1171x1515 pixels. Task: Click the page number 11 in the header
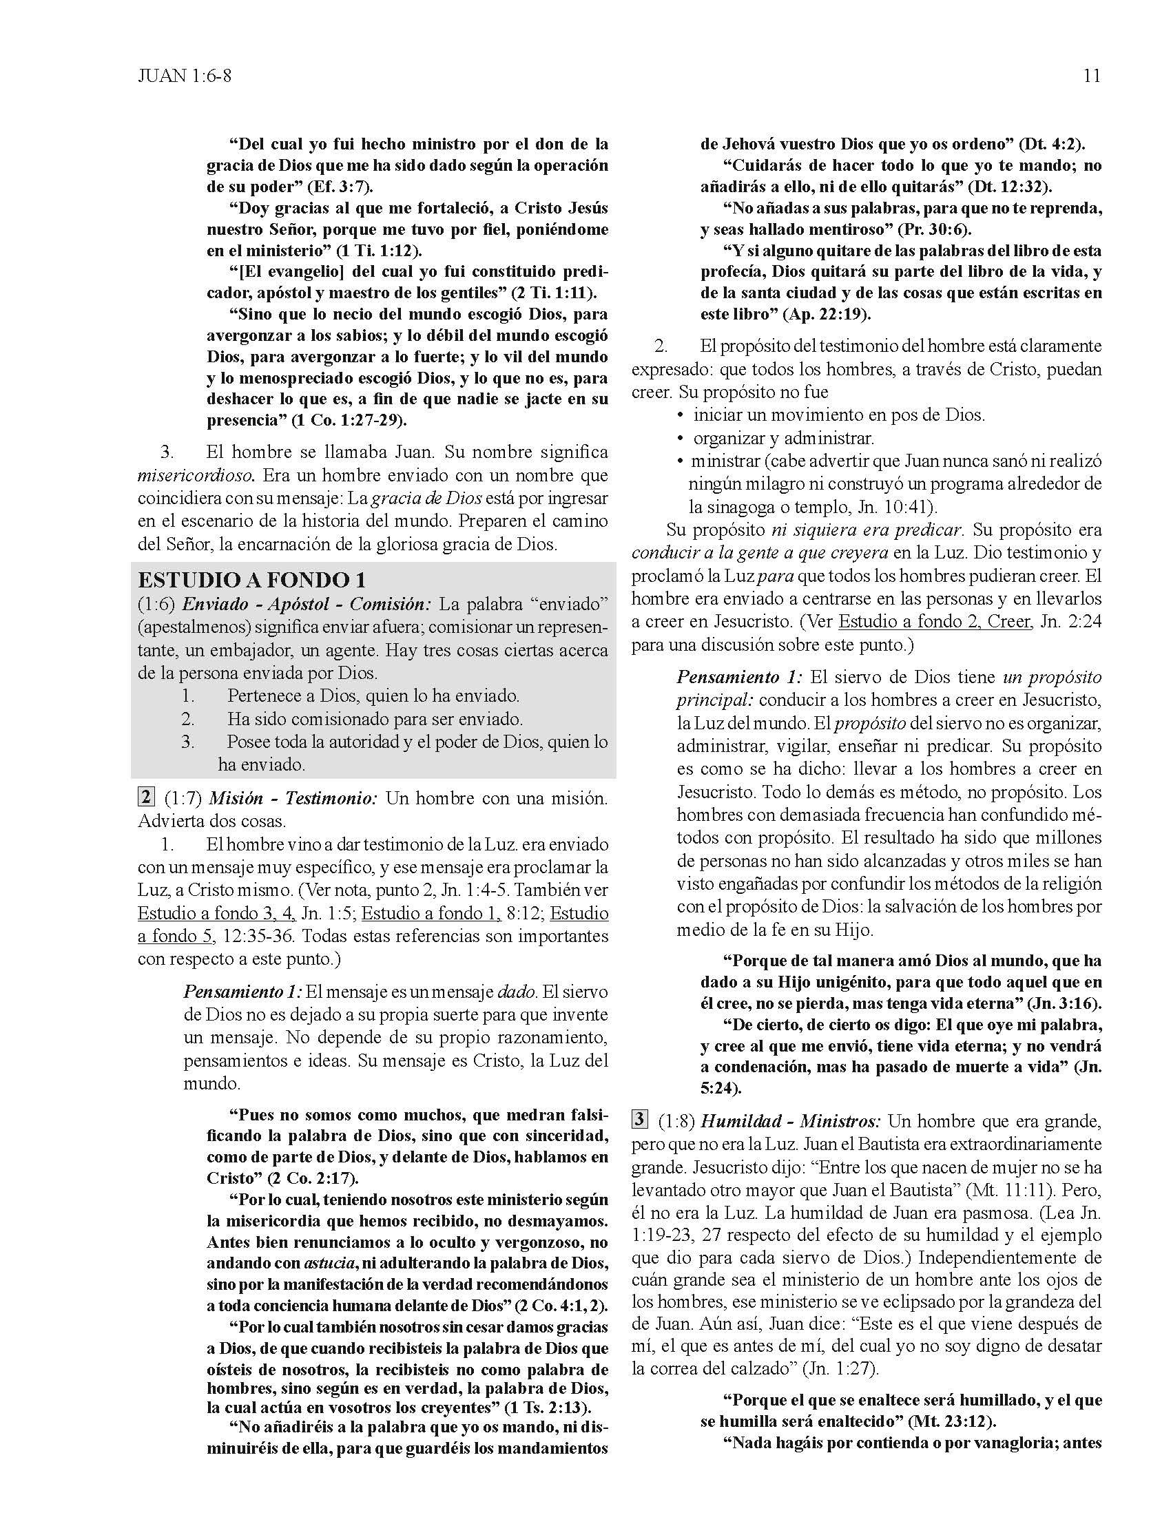pyautogui.click(x=1091, y=76)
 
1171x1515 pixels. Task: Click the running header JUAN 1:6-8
pyautogui.click(x=184, y=76)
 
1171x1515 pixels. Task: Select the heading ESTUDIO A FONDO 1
pyautogui.click(x=252, y=580)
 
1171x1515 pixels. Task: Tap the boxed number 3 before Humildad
pyautogui.click(x=640, y=1120)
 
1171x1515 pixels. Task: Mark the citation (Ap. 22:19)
pyautogui.click(x=826, y=314)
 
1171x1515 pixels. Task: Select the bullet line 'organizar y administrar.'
pyautogui.click(x=783, y=439)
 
